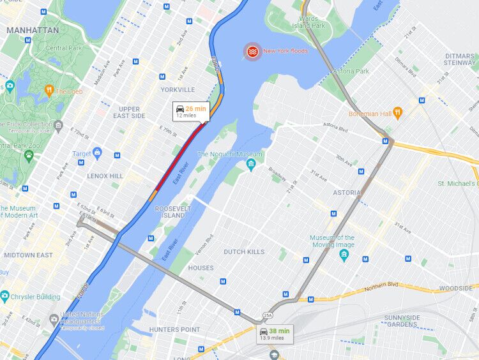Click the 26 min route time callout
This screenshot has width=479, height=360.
click(191, 112)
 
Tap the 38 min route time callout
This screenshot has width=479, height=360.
click(273, 334)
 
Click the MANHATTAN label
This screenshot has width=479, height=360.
click(33, 30)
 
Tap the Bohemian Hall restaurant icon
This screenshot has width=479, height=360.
click(399, 114)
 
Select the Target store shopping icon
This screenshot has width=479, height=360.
click(97, 153)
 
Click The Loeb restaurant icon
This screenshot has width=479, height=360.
click(49, 91)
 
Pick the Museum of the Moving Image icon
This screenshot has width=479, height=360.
click(344, 255)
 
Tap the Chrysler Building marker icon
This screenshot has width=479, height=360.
click(5, 297)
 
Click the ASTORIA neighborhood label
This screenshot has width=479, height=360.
click(347, 192)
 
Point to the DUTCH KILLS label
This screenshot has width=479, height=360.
click(244, 252)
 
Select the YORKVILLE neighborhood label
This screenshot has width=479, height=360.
click(178, 90)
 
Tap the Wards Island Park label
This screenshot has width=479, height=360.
click(309, 22)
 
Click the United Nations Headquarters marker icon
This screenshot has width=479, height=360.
click(54, 318)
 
